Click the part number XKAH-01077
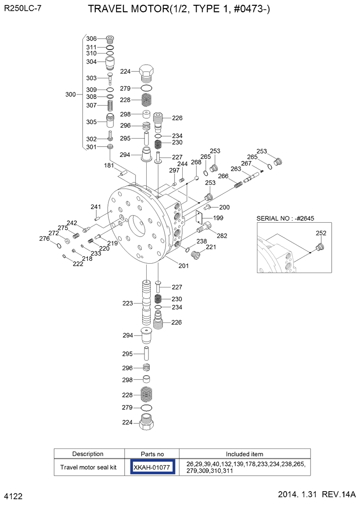coord(152,467)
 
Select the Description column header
coord(88,454)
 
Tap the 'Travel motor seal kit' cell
coord(88,467)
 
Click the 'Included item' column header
coord(244,454)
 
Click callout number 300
coord(71,94)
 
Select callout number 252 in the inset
coord(321,233)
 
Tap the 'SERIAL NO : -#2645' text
coord(285,218)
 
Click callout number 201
coord(183,266)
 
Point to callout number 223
coord(127,304)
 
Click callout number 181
coord(109,166)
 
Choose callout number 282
coord(222,236)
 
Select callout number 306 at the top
coord(92,39)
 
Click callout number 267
coord(246,163)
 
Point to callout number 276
coord(44,239)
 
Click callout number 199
coord(218,218)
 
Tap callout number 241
coord(96,207)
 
